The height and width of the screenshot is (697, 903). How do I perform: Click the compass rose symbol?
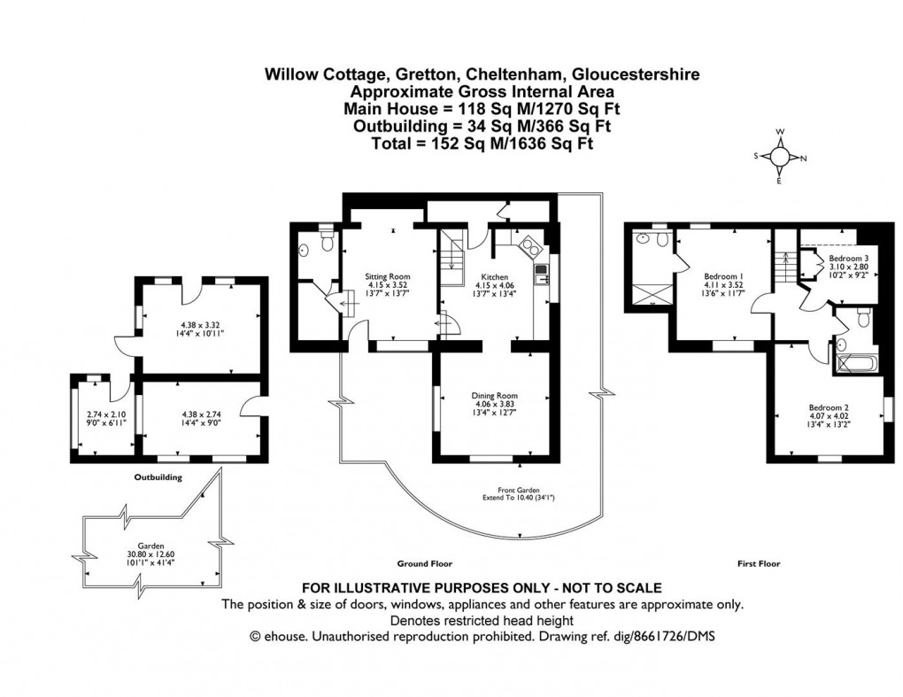tap(780, 157)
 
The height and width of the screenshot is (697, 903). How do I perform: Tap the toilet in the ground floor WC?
tap(326, 240)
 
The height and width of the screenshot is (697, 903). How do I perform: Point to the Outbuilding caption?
tap(159, 477)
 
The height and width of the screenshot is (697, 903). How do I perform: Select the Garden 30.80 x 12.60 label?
tap(149, 553)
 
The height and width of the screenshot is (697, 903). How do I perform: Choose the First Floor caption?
tap(759, 562)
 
